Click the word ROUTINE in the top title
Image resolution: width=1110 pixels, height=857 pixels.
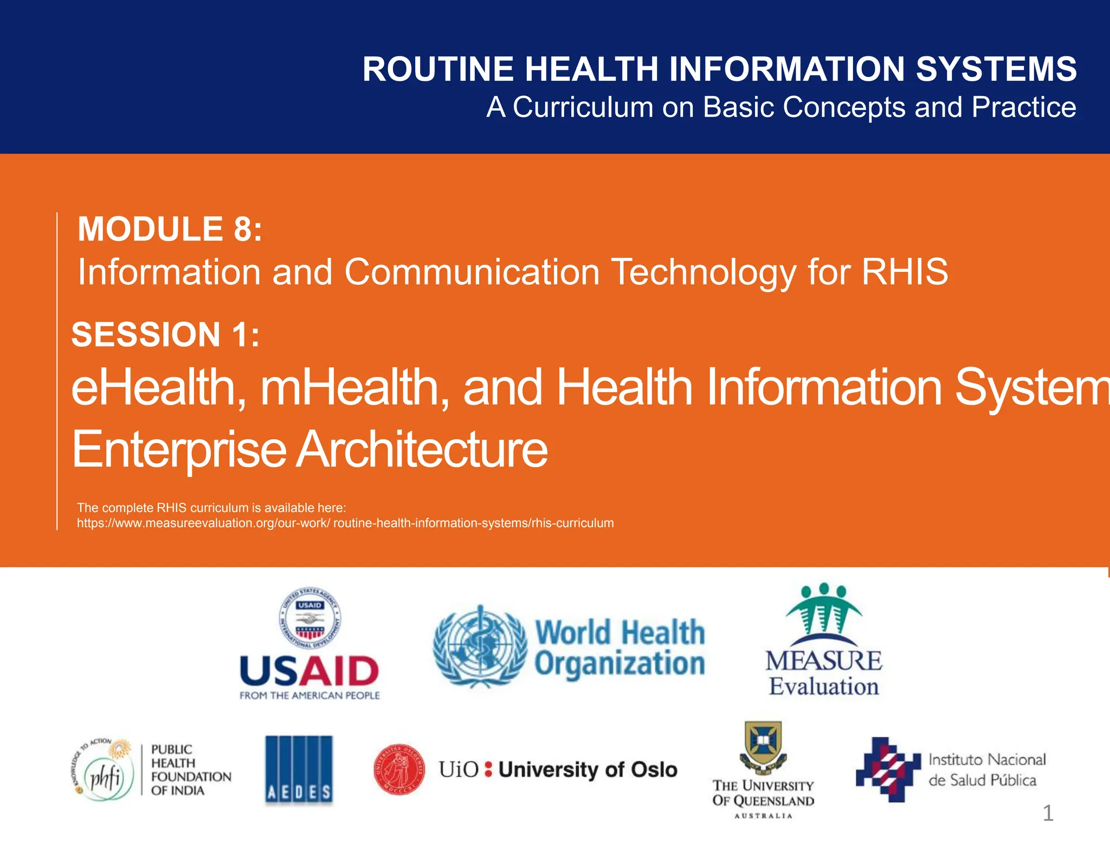[438, 69]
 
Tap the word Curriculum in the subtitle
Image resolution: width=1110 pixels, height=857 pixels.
[583, 107]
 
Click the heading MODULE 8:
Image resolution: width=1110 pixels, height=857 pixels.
[170, 229]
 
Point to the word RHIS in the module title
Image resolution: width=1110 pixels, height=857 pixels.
[905, 271]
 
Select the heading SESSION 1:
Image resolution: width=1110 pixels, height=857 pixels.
[165, 334]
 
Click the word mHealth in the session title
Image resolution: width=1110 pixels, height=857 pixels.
[355, 387]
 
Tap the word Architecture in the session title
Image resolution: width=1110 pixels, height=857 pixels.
[423, 449]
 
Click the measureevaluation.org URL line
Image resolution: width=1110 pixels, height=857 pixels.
[345, 523]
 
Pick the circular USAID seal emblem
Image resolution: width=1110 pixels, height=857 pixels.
[309, 618]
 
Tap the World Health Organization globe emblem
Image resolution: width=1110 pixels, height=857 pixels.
[480, 646]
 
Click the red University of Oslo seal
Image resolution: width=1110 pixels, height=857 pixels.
[400, 769]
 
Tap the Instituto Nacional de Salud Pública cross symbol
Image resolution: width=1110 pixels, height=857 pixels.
[887, 769]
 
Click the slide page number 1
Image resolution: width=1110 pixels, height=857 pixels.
[1048, 813]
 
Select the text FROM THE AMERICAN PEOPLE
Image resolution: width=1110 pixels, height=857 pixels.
[309, 696]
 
